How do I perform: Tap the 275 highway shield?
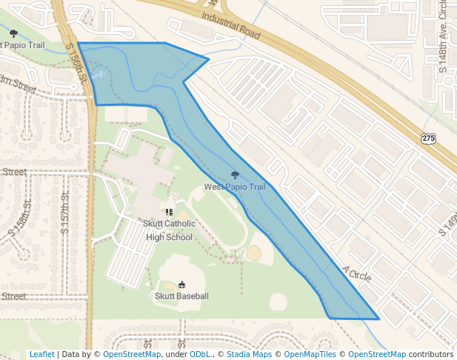point(428,139)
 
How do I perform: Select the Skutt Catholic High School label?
point(170,230)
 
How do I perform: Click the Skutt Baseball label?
point(181,296)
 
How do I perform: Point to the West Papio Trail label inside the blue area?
point(235,187)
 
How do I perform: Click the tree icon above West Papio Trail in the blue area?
point(235,176)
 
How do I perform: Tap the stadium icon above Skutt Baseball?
point(181,284)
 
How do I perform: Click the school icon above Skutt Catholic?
point(170,212)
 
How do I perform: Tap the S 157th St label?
point(64,213)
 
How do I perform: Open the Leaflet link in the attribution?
point(42,354)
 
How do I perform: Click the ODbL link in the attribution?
point(200,354)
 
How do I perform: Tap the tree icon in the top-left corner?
point(13,33)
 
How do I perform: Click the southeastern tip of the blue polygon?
point(378,319)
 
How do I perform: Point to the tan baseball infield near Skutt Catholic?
point(254,253)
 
